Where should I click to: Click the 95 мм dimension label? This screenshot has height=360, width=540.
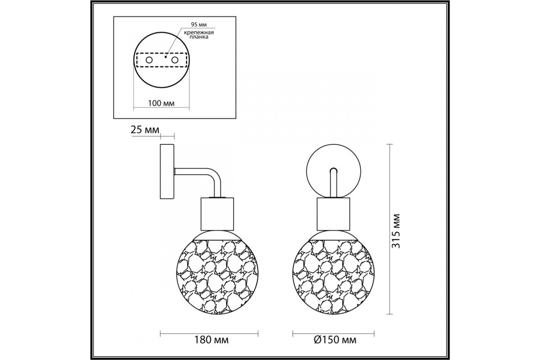click(x=199, y=25)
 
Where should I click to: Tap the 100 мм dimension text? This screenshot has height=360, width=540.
click(x=161, y=103)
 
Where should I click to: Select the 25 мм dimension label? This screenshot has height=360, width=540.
click(x=145, y=130)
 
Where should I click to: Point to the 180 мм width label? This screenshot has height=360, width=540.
click(x=211, y=340)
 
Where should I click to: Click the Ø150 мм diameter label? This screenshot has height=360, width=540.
click(x=335, y=340)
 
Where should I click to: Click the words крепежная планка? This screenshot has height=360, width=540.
click(x=199, y=35)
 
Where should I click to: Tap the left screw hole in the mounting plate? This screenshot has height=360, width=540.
click(x=149, y=60)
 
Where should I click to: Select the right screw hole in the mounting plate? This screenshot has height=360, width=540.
click(x=175, y=60)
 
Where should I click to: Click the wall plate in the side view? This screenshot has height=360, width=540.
click(x=167, y=172)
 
